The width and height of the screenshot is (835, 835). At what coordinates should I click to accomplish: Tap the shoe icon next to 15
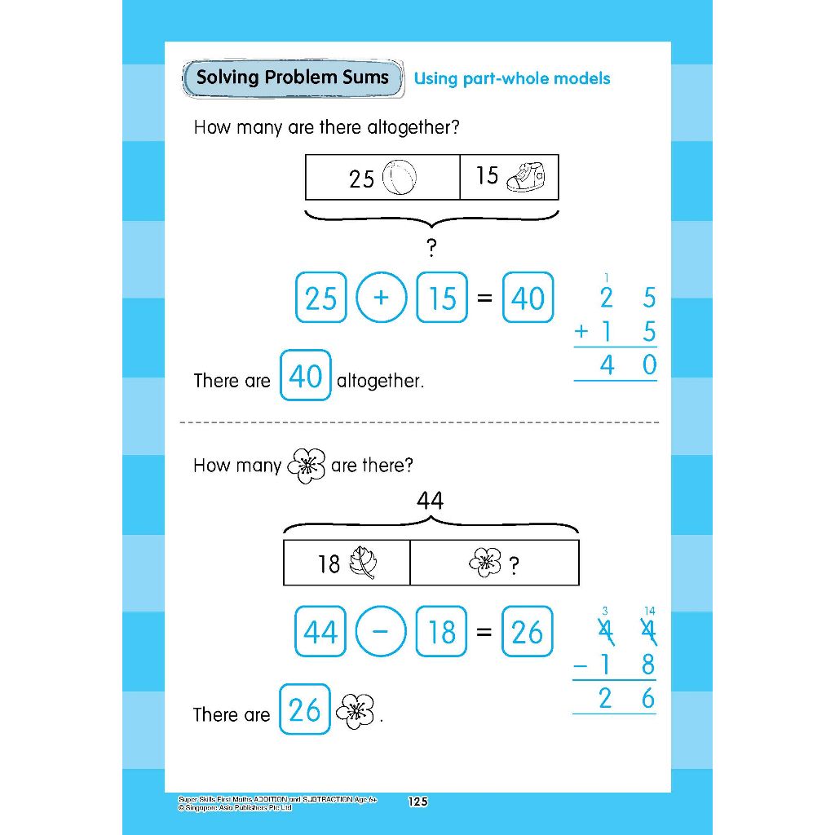tap(525, 175)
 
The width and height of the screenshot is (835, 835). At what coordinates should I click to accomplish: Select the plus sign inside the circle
tap(381, 298)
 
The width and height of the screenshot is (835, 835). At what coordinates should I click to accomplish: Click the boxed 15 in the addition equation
tap(442, 298)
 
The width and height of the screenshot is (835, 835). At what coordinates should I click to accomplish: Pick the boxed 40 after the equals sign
tap(528, 298)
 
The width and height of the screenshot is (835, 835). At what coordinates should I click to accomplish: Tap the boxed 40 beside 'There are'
tap(305, 376)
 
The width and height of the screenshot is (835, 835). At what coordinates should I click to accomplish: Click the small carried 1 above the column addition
tap(605, 278)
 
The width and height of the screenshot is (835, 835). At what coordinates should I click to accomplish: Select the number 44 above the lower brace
tap(430, 500)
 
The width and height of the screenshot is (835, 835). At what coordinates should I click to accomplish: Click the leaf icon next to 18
tap(361, 563)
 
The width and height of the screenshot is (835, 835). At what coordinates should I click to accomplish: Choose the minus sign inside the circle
tap(381, 632)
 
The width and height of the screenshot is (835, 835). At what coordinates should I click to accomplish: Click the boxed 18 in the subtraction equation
tap(442, 632)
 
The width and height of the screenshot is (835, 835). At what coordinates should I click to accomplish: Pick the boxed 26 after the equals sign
tap(528, 632)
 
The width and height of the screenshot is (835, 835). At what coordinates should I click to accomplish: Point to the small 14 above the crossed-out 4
tap(648, 611)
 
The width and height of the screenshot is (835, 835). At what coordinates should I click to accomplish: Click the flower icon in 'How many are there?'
tap(307, 466)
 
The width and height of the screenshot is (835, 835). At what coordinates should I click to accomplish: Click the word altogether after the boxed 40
tap(380, 381)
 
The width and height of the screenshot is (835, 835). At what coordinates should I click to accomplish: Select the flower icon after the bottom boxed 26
tap(356, 711)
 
